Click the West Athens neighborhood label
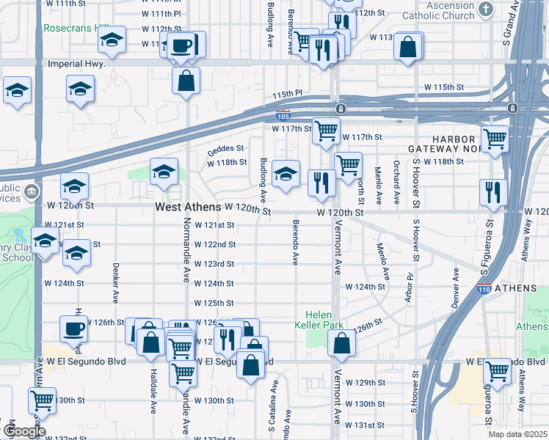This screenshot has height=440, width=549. point(187,208)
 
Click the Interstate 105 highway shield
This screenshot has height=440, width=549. point(283,116)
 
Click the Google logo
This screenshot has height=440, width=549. point(23,431)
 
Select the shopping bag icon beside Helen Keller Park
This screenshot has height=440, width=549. point(341,342)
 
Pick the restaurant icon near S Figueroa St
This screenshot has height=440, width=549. point(493,192)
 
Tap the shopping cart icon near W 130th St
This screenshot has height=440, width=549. point(43,400)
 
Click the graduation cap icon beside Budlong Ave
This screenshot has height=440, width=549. point(286,174)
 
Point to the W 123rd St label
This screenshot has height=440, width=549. point(214,264)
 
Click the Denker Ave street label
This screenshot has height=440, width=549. point(116,282)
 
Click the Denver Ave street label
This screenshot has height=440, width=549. point(456,287)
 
